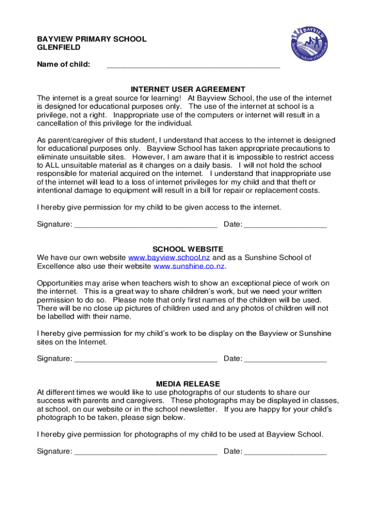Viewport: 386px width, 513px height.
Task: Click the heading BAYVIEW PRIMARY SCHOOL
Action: tap(92, 39)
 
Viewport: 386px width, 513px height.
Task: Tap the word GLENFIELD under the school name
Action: tap(59, 48)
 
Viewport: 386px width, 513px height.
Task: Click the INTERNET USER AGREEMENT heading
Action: tap(188, 90)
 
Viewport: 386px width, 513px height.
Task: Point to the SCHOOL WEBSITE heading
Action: tap(188, 249)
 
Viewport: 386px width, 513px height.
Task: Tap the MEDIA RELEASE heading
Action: tap(188, 384)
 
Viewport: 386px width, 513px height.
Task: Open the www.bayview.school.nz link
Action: tap(170, 258)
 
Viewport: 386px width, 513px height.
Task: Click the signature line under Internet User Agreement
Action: tap(145, 225)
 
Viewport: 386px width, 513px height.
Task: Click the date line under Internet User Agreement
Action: tap(285, 225)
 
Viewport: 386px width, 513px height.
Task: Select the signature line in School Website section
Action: tap(145, 360)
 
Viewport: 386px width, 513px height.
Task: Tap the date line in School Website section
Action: tap(285, 360)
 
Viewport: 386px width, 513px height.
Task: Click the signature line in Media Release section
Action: tap(145, 452)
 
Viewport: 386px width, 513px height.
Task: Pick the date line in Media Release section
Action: tap(285, 452)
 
